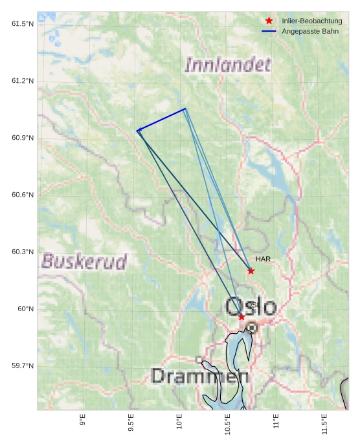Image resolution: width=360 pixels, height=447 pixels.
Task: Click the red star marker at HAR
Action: click(x=251, y=271)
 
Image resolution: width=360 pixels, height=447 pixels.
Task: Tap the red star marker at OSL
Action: click(x=242, y=317)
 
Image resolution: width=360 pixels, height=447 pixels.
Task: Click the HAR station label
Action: click(x=263, y=259)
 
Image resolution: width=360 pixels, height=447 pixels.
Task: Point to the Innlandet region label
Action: click(x=228, y=64)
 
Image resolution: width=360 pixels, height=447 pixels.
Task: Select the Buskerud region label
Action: click(x=84, y=261)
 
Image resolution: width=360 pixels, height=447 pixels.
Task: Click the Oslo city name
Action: click(x=251, y=306)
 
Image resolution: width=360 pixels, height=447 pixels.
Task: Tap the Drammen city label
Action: click(x=199, y=376)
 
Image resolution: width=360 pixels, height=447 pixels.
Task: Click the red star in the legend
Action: click(x=269, y=21)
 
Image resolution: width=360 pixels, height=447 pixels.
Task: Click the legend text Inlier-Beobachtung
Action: click(x=312, y=21)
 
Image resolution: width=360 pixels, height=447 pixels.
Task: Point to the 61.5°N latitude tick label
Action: click(x=23, y=24)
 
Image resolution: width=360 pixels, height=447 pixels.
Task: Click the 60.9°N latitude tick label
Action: click(x=23, y=138)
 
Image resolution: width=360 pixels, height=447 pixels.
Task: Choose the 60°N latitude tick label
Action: click(x=26, y=309)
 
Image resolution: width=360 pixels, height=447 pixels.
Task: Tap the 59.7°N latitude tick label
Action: click(x=23, y=365)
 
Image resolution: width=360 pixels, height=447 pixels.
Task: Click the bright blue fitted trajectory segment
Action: click(x=162, y=119)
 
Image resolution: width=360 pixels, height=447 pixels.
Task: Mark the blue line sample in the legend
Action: click(x=269, y=31)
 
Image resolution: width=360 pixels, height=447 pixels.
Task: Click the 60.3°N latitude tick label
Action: click(x=23, y=252)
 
